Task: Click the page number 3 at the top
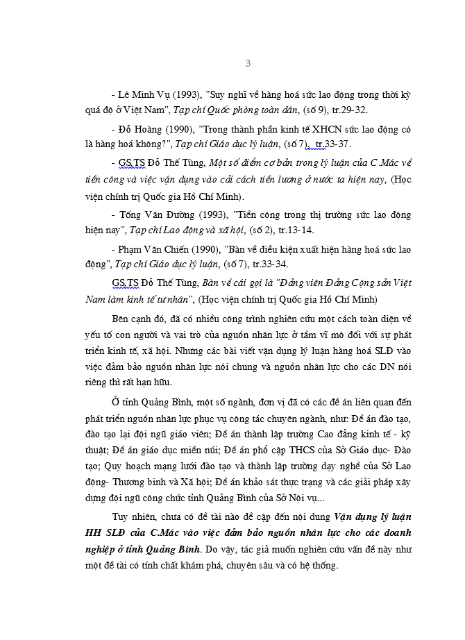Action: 248,64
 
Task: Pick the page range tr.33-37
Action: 332,144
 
